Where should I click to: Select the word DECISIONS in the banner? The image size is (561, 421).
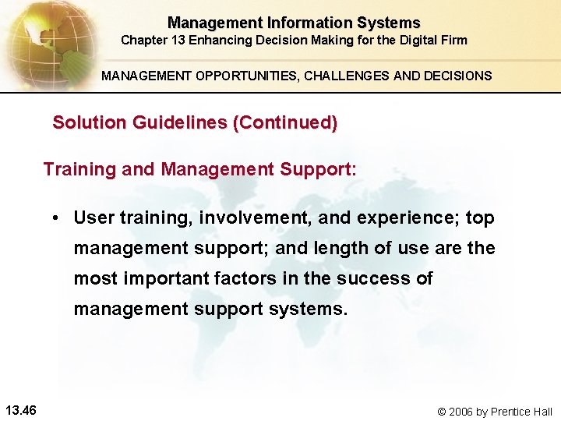456,76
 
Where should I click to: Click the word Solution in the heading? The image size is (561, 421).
82,123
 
